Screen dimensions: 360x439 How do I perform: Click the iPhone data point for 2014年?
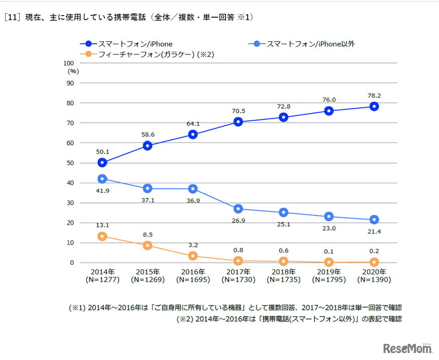tap(102, 162)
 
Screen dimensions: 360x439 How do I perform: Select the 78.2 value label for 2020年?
tap(374, 94)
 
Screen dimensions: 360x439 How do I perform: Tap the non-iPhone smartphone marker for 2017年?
tap(238, 208)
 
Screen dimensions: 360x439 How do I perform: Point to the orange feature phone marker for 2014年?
tap(102, 236)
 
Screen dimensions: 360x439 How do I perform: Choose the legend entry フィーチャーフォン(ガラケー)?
tap(146, 54)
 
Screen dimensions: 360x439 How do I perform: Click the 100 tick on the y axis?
tap(69, 63)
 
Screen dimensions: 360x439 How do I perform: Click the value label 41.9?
tap(102, 191)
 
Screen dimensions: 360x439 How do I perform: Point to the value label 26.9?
tap(238, 221)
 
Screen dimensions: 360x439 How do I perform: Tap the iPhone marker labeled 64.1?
tap(193, 134)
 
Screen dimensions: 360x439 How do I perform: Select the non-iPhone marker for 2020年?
tap(374, 220)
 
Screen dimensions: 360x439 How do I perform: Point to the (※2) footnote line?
tap(289, 319)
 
